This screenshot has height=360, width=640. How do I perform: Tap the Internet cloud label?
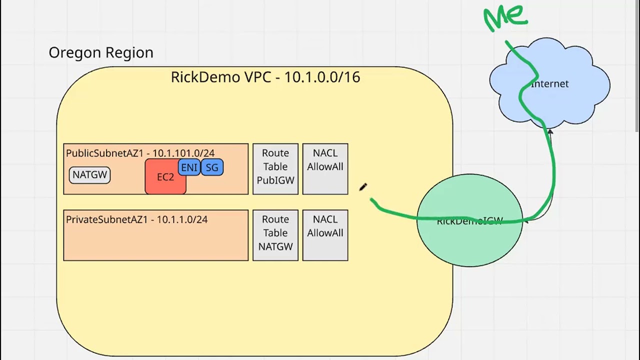(550, 84)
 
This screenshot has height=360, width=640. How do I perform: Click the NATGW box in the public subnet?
(90, 175)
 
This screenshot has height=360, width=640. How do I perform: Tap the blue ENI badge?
(189, 167)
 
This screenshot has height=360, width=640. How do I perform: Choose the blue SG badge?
(212, 167)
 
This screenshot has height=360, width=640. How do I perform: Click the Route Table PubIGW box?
(275, 168)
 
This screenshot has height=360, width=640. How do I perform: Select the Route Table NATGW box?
(275, 235)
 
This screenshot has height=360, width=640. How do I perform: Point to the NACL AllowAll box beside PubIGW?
(325, 168)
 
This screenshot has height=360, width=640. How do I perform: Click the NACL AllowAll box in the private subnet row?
(325, 235)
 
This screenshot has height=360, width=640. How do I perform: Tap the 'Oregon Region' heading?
(101, 52)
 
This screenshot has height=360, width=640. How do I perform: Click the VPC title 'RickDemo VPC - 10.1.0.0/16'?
(265, 77)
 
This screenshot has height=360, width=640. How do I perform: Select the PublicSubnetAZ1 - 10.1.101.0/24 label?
(140, 153)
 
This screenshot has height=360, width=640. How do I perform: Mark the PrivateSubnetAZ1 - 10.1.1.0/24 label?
(136, 219)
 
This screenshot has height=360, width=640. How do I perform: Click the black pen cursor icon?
(363, 187)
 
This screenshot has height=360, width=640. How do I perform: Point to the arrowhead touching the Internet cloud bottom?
(549, 131)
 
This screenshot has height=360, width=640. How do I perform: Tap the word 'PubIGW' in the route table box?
(275, 180)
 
